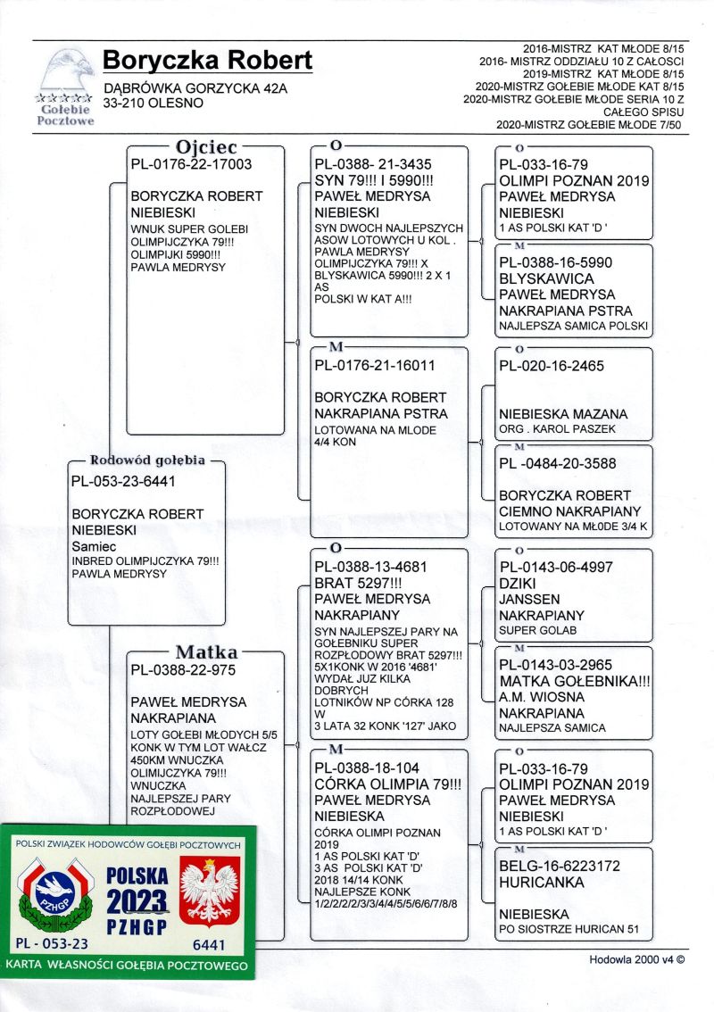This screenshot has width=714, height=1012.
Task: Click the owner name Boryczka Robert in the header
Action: click(207, 61)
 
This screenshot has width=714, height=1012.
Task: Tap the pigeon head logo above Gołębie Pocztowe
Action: click(66, 71)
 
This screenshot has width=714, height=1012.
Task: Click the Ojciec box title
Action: click(205, 147)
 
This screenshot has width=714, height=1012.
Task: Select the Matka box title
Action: click(206, 652)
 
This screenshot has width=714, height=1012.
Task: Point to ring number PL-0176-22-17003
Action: click(191, 164)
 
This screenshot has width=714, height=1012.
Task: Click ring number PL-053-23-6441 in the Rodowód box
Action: click(122, 481)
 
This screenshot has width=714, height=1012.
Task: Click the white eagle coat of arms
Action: click(210, 891)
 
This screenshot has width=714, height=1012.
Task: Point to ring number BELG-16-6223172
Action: click(560, 866)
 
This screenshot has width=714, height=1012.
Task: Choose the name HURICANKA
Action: click(542, 883)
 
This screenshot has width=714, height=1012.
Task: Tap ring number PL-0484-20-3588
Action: click(558, 463)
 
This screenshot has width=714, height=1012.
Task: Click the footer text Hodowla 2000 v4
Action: click(636, 961)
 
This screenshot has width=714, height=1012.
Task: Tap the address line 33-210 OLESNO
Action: click(154, 103)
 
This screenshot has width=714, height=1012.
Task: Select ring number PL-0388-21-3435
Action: click(373, 164)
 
